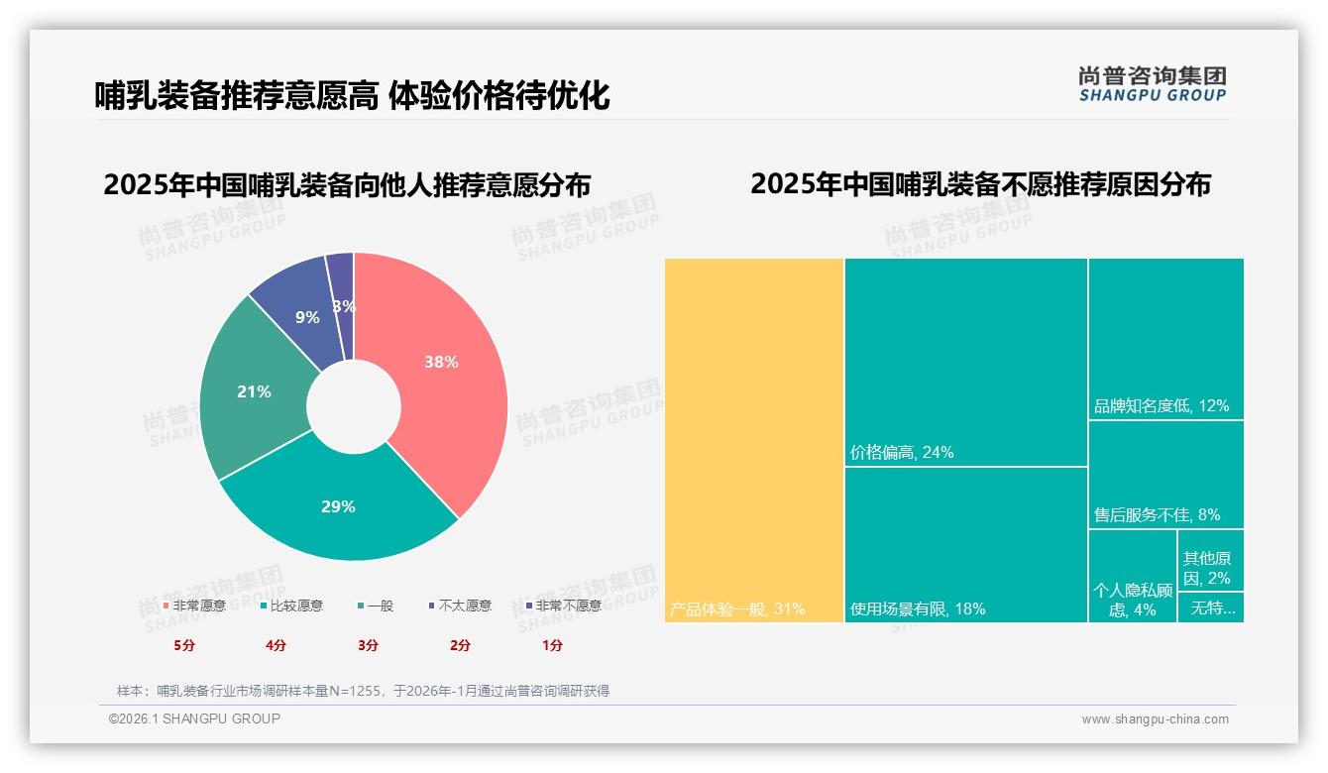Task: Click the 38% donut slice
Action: click(x=441, y=363)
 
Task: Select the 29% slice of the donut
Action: click(x=338, y=506)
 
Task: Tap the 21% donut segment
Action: click(x=254, y=391)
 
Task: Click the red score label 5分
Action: click(x=184, y=645)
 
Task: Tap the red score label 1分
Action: click(x=552, y=645)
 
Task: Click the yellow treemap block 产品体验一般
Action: click(x=753, y=436)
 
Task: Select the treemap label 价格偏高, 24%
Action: click(x=902, y=453)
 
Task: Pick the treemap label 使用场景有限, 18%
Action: click(x=918, y=608)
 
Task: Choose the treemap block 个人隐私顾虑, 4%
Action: click(x=1132, y=600)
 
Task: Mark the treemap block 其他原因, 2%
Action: click(x=1206, y=568)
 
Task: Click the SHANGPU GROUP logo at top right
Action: click(x=1152, y=84)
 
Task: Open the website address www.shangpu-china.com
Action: click(x=1155, y=719)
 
